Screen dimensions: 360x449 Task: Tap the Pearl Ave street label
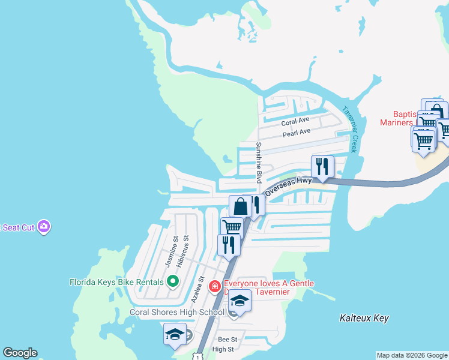click(x=297, y=131)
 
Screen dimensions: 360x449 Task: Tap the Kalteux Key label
click(x=364, y=318)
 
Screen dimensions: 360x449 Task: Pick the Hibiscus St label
click(x=186, y=247)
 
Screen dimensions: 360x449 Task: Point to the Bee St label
click(x=228, y=340)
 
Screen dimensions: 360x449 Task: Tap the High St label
click(x=223, y=349)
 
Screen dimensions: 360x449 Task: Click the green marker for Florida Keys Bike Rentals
click(x=172, y=281)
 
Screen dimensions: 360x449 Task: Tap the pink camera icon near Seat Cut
click(x=43, y=226)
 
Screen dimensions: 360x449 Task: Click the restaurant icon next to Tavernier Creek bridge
click(x=322, y=166)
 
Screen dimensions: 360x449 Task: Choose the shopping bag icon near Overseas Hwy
click(x=240, y=206)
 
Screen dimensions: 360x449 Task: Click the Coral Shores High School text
click(x=177, y=312)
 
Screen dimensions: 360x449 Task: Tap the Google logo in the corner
click(x=20, y=353)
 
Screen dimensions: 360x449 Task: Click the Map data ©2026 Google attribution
click(x=412, y=355)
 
